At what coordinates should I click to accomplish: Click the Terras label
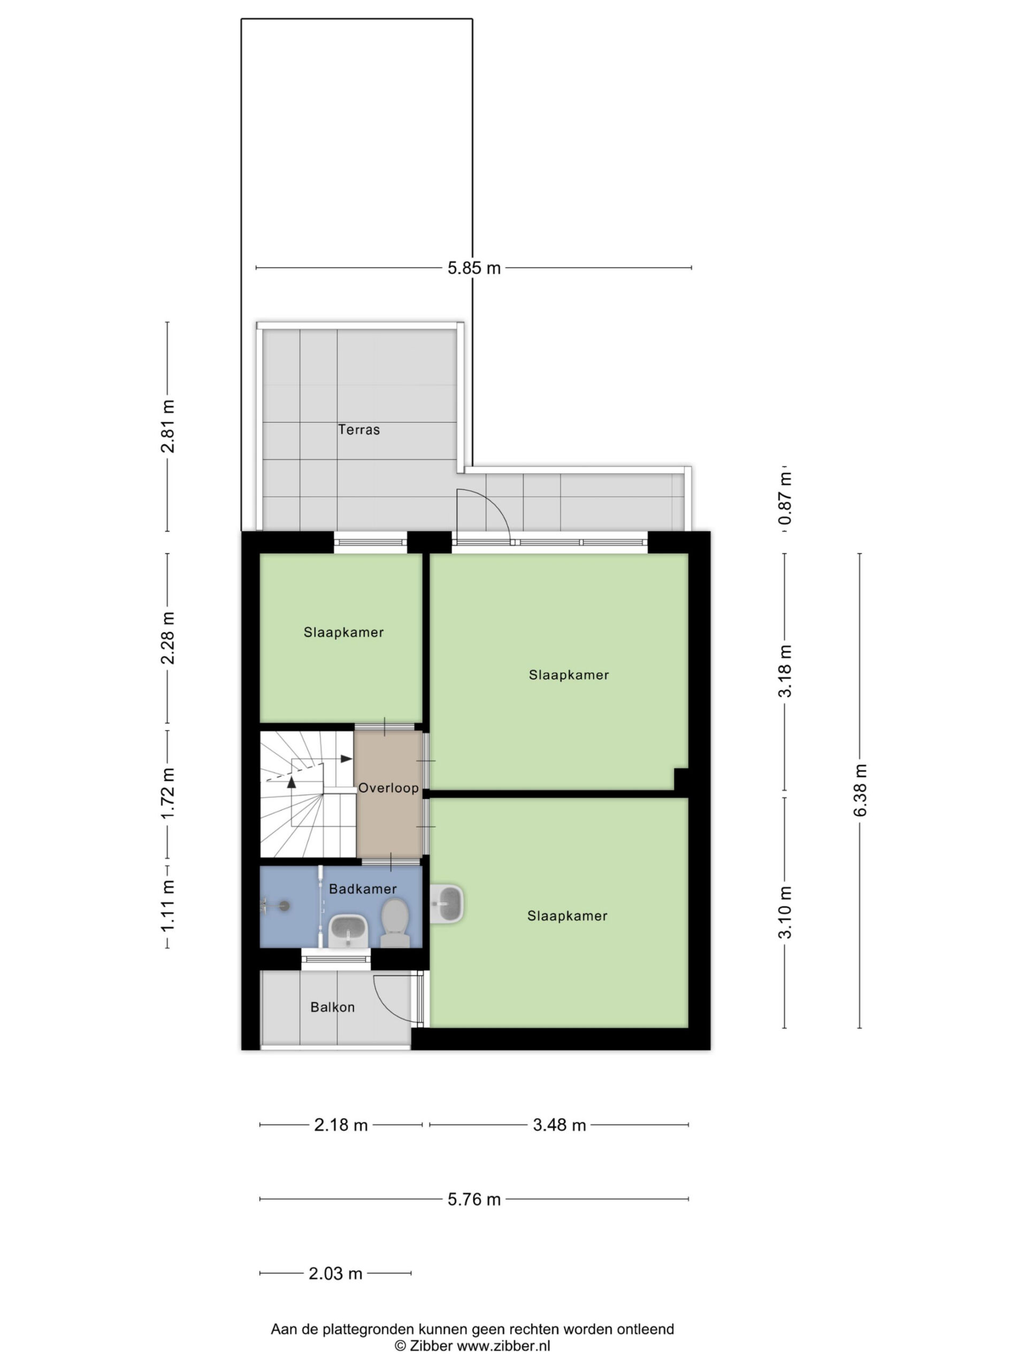tap(358, 429)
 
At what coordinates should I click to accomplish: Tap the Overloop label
tap(388, 788)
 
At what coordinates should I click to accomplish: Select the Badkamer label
tap(362, 889)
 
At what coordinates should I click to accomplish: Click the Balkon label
tap(332, 1007)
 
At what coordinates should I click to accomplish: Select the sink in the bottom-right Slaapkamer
tap(446, 904)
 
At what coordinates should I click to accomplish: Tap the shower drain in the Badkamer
tap(284, 906)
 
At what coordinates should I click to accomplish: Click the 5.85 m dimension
tap(473, 268)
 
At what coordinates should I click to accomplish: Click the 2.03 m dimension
tap(335, 1273)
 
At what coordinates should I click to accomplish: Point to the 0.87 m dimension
tap(784, 499)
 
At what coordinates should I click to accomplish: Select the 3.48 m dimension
tap(559, 1125)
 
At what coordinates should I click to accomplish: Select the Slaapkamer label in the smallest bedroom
tap(343, 632)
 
